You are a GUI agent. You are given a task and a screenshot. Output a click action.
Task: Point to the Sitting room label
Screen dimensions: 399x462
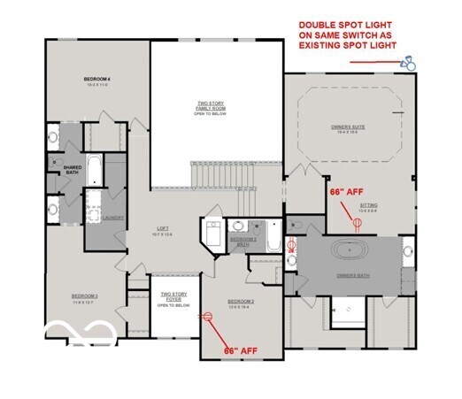coord(368,209)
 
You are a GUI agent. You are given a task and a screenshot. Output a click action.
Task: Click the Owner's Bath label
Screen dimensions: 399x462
coord(352,277)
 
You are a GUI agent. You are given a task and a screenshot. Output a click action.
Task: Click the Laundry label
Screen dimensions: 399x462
coord(112,217)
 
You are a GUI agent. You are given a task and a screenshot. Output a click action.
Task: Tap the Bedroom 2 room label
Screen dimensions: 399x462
coord(241,303)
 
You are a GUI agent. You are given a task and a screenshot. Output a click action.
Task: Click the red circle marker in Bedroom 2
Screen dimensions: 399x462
coord(210,317)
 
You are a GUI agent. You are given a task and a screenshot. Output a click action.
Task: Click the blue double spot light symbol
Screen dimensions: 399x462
coord(408,63)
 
